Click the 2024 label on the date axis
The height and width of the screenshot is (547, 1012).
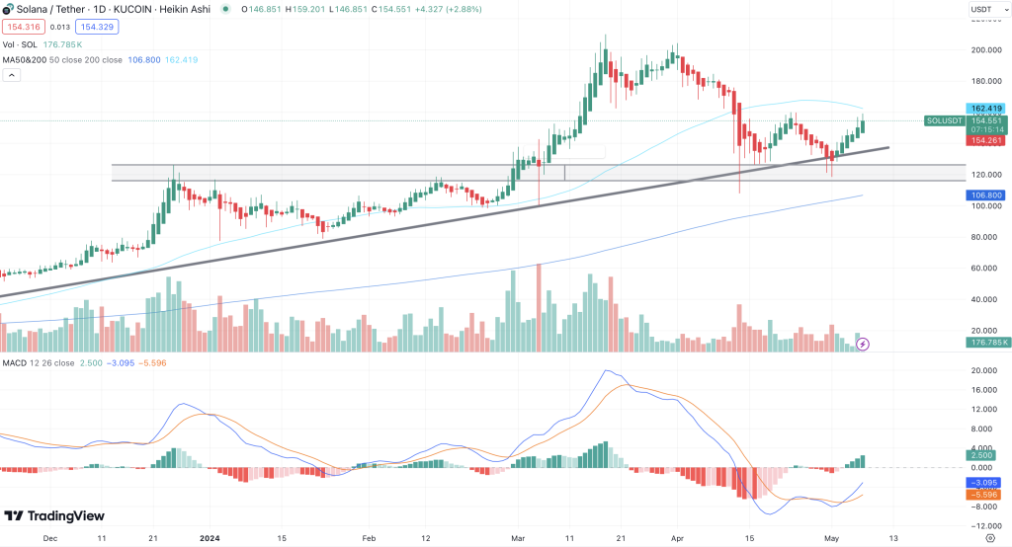(x=209, y=538)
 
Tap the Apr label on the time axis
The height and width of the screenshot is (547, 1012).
(x=677, y=538)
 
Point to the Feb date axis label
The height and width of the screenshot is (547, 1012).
(x=369, y=538)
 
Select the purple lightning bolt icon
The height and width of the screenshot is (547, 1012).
(x=863, y=344)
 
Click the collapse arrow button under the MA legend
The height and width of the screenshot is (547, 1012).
(x=13, y=76)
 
